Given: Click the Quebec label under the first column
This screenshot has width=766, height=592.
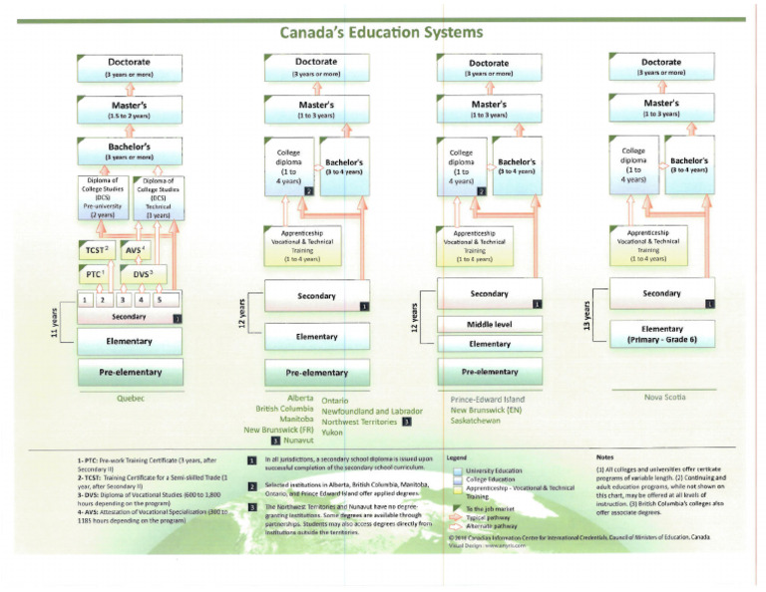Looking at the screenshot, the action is (x=130, y=397).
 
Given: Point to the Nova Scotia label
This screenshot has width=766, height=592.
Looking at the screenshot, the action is (x=668, y=397).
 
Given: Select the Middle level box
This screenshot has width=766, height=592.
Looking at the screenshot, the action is (x=490, y=324).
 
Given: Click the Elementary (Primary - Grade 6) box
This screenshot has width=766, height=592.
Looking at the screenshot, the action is (x=662, y=333).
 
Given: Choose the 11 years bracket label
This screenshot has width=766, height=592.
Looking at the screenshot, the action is (x=53, y=322).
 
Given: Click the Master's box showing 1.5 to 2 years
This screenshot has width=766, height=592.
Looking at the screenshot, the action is (x=129, y=109).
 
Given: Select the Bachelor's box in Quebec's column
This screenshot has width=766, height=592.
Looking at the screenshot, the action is (x=129, y=151).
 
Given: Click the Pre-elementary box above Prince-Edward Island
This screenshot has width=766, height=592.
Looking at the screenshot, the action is (x=490, y=372).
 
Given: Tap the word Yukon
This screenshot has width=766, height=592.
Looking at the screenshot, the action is (x=333, y=434).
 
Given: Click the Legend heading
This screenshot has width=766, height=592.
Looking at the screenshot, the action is (x=456, y=457).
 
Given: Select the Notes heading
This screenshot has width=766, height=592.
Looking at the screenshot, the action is (x=604, y=457).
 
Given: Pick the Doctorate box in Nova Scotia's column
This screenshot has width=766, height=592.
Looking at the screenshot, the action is (x=662, y=67).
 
